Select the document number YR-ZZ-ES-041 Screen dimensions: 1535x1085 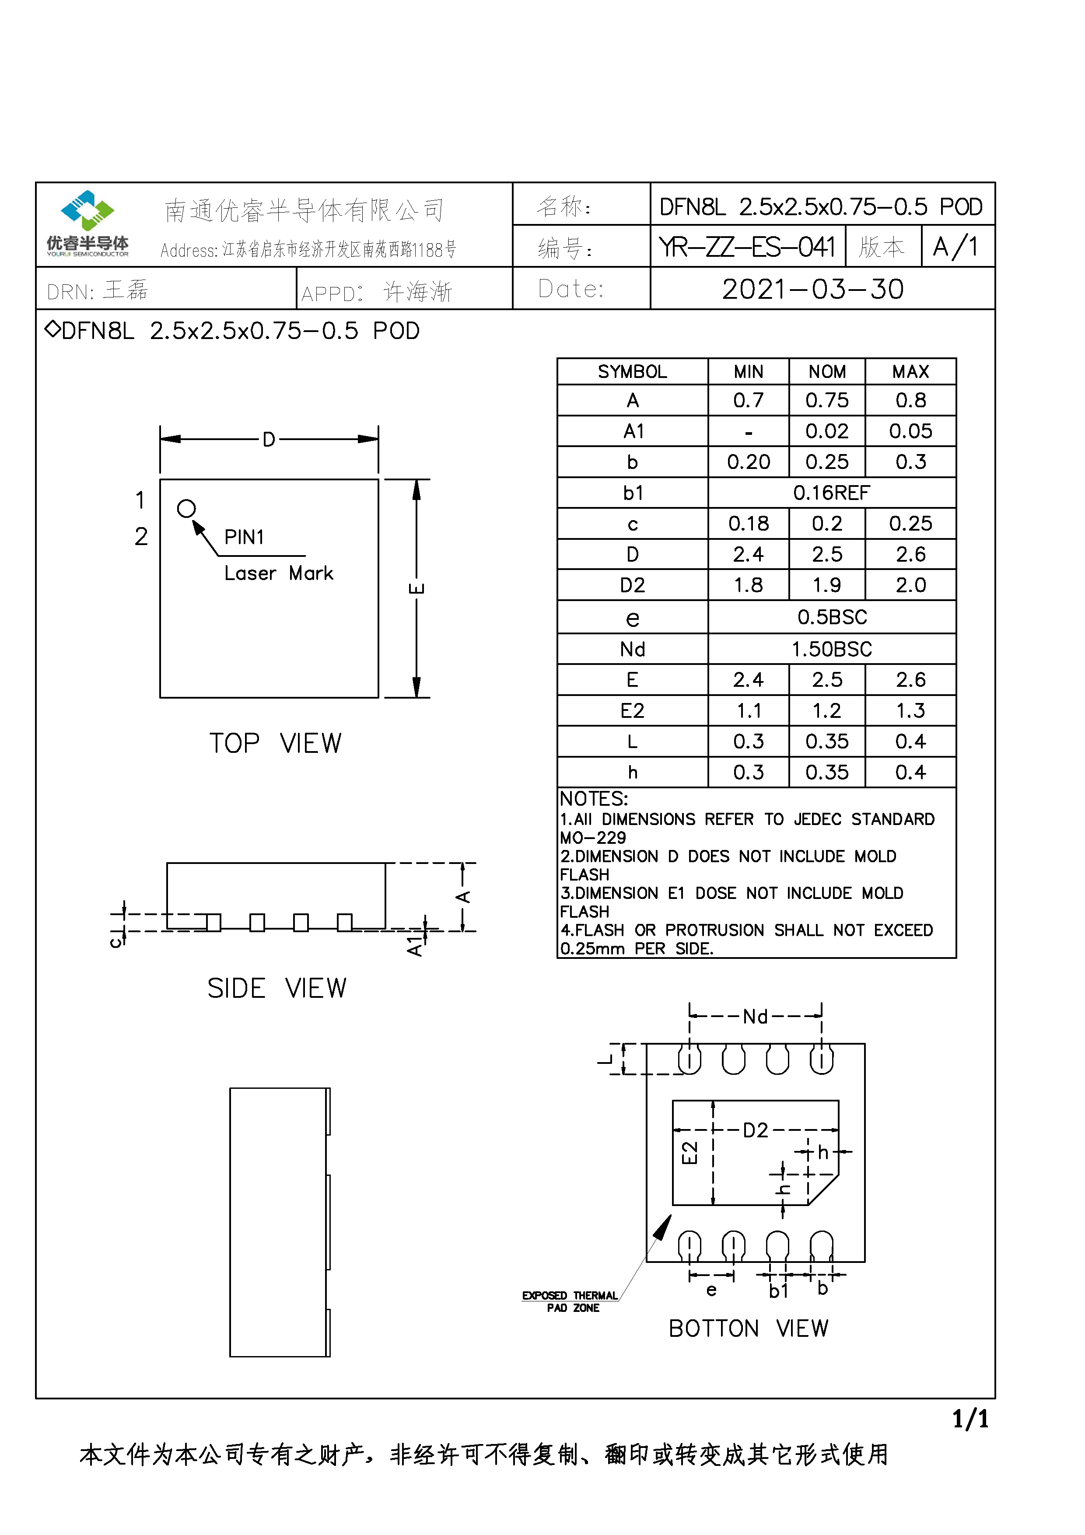[747, 247]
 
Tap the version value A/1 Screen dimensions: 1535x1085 [955, 247]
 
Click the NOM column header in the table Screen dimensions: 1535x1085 [827, 372]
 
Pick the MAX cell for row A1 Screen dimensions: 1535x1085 [910, 431]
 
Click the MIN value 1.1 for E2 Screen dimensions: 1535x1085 [748, 711]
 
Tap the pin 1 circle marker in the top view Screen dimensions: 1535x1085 [186, 509]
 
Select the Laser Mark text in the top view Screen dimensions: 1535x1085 [278, 573]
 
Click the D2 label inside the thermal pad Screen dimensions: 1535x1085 [756, 1130]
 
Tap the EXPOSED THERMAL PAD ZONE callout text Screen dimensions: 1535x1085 [570, 1301]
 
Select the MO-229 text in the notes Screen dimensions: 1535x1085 [593, 838]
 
